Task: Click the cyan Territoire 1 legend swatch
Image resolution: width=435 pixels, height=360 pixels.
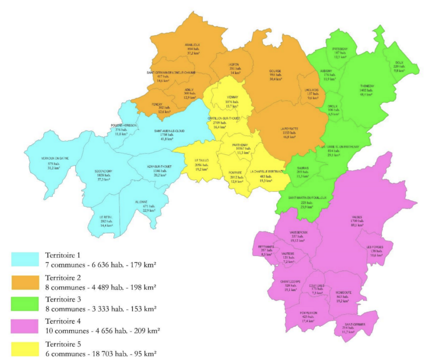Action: click(25, 259)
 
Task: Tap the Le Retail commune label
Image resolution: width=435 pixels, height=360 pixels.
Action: click(105, 217)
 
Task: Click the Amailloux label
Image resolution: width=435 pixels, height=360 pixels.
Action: click(192, 45)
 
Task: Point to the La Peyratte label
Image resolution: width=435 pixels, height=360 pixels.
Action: click(292, 129)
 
